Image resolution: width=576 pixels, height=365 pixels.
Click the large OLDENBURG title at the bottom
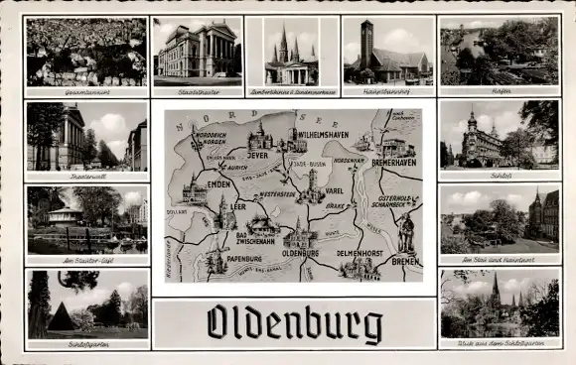pyautogui.click(x=294, y=324)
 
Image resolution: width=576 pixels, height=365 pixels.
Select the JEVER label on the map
pyautogui.click(x=258, y=156)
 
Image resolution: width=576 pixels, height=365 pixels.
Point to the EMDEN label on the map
pyautogui.click(x=218, y=183)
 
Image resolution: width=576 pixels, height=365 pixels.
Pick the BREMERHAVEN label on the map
pyautogui.click(x=393, y=162)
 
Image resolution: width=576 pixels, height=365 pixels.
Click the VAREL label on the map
pyautogui.click(x=334, y=190)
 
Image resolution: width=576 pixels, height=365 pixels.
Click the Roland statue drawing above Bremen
pyautogui.click(x=406, y=232)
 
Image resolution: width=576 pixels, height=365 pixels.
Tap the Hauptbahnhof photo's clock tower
pyautogui.click(x=366, y=42)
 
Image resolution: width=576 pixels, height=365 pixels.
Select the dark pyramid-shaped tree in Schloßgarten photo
pyautogui.click(x=62, y=317)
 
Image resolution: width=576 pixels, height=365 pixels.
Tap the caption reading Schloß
pyautogui.click(x=500, y=173)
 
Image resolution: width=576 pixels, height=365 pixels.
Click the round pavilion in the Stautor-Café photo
pyautogui.click(x=65, y=215)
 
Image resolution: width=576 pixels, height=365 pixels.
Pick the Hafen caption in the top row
pyautogui.click(x=500, y=91)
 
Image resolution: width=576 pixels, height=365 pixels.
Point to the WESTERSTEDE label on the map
pyautogui.click(x=276, y=194)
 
